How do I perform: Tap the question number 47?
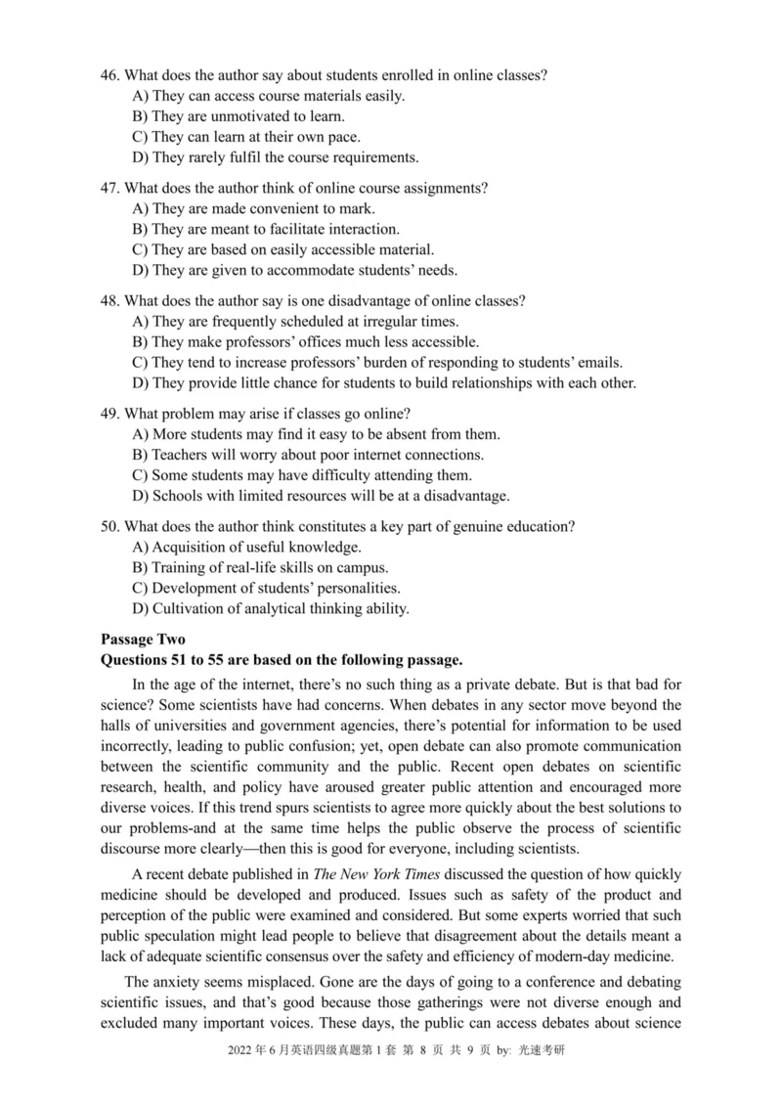point(111,187)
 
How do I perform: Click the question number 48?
point(111,299)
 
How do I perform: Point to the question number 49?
point(111,413)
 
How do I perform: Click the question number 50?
point(111,526)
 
